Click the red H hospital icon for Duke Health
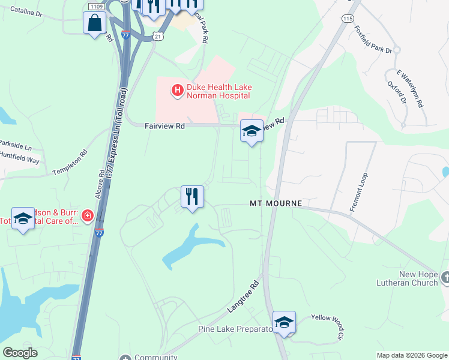click(x=178, y=91)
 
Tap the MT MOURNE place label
click(x=275, y=204)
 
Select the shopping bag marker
click(x=95, y=24)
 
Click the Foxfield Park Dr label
click(x=373, y=39)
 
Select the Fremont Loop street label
click(x=358, y=191)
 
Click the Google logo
click(x=20, y=353)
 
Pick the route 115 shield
click(x=347, y=19)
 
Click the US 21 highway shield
click(x=157, y=37)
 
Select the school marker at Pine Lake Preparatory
click(x=284, y=322)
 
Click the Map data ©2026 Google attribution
click(x=412, y=355)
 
